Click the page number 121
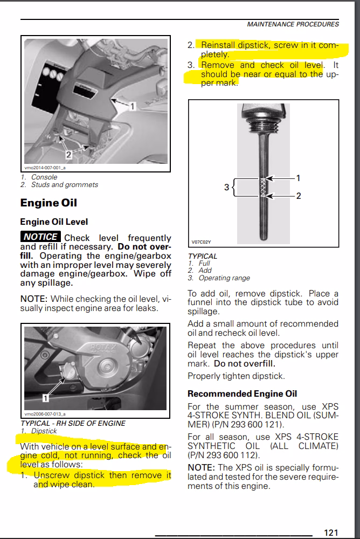(331, 532)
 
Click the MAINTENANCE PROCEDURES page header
(293, 24)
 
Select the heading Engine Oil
(49, 203)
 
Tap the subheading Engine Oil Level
(54, 222)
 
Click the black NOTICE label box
(40, 237)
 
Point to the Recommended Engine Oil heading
(242, 393)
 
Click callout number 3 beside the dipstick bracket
(227, 187)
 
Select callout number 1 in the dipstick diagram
(299, 177)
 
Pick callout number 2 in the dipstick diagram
(299, 196)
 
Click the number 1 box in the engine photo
(46, 398)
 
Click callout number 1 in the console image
(133, 107)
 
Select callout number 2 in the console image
(68, 154)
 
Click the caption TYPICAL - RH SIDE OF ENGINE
(73, 423)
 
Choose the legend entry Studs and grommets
(64, 184)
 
